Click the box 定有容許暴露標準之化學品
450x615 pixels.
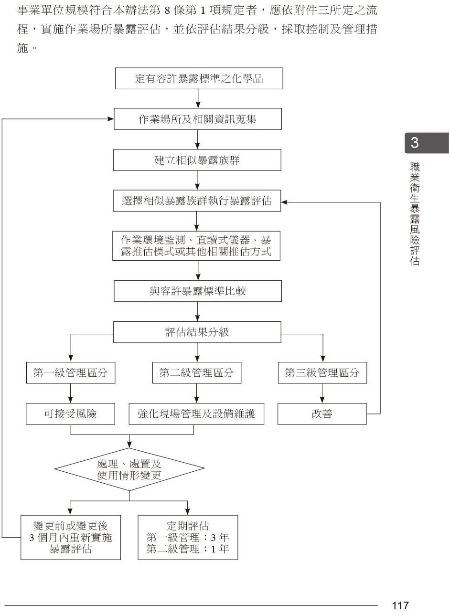point(199,79)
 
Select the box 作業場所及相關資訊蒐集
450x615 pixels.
point(197,119)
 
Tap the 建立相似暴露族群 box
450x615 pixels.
point(197,160)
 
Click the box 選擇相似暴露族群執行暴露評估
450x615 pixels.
point(197,201)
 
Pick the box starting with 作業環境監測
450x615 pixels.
point(197,246)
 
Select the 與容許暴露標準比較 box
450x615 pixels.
point(197,290)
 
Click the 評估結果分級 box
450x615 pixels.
point(197,332)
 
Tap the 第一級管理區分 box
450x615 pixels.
point(71,373)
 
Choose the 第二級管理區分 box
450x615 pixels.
point(197,373)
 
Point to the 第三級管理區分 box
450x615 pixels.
point(322,373)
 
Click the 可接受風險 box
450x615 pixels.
point(71,414)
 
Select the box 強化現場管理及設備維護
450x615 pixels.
point(197,414)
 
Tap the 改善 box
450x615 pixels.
point(322,414)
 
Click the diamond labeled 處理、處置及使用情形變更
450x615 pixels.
point(129,469)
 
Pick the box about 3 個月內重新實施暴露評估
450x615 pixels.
point(71,537)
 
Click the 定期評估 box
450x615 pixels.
point(188,537)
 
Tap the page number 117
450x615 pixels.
point(400,605)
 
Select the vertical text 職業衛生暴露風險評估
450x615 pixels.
point(415,213)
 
